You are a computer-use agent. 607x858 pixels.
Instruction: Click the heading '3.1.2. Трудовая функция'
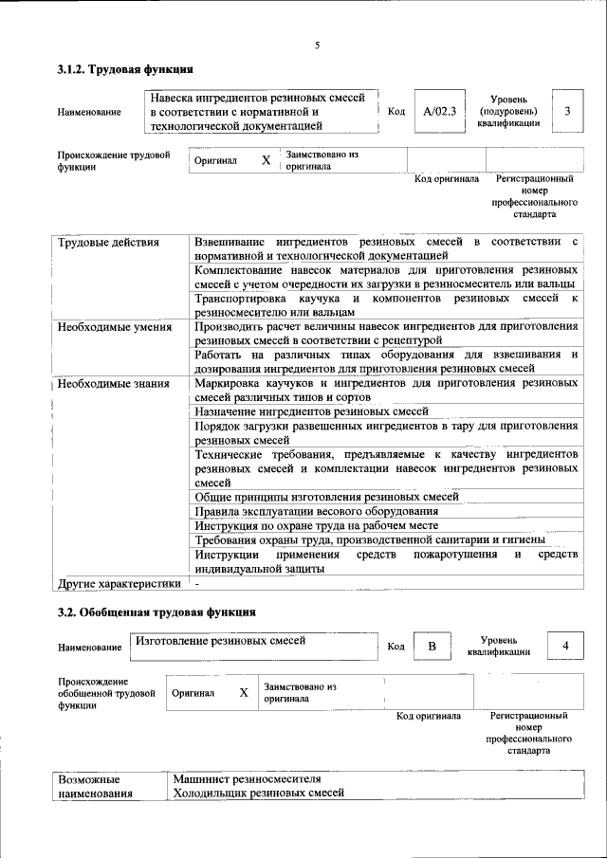pos(125,69)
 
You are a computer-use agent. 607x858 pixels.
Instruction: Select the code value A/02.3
pos(439,111)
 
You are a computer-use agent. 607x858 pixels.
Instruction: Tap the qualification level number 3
pos(566,111)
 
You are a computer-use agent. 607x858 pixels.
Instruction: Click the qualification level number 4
pos(566,647)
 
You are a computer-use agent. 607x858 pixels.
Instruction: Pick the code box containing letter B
pos(431,647)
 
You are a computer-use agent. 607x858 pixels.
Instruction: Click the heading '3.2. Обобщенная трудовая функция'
pos(156,612)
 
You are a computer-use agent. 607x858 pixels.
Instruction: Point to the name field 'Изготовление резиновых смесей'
pos(220,642)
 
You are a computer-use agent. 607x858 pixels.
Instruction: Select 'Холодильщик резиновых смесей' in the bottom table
pos(258,793)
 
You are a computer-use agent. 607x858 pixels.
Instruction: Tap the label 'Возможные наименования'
pos(95,786)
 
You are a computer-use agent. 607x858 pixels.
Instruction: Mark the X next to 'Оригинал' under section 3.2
pos(244,693)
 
